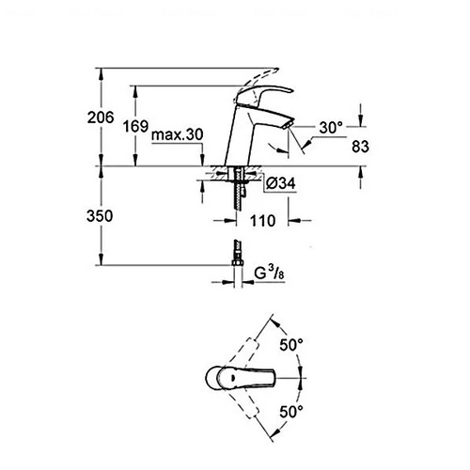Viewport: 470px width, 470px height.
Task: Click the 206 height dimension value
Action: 101,117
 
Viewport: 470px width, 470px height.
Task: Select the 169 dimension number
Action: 135,126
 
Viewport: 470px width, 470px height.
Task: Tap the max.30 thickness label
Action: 178,134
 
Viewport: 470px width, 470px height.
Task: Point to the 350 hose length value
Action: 100,216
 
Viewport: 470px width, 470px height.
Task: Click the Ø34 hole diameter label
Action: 281,183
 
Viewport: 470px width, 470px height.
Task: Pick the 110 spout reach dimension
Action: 262,221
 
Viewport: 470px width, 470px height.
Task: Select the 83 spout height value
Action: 360,147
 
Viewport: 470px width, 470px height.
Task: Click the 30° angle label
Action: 331,128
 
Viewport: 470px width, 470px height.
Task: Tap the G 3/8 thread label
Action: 269,274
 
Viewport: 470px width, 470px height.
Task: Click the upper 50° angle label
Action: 291,345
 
